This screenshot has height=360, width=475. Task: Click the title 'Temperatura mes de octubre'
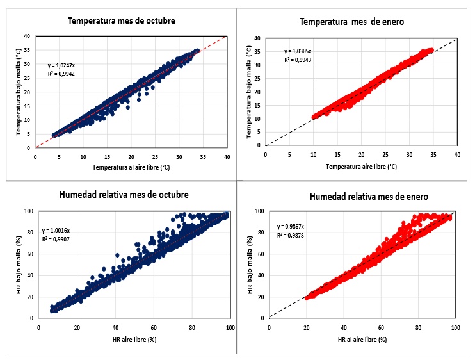coord(122,20)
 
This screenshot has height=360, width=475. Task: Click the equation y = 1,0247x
coord(61,65)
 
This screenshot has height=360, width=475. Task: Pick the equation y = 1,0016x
coord(56,230)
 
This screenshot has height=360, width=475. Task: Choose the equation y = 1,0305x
coord(298,51)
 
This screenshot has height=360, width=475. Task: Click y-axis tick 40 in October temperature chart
coord(27,35)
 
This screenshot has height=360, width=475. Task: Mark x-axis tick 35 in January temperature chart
coord(433,154)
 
